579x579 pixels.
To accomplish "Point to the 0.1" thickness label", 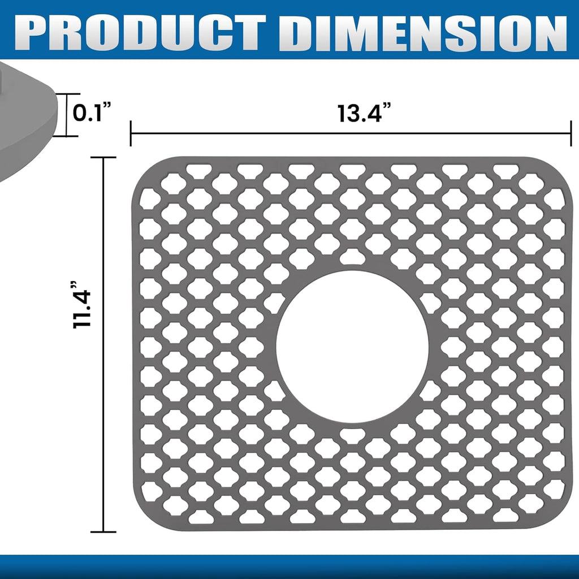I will coord(90,113).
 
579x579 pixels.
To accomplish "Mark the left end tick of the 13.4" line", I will coord(131,133).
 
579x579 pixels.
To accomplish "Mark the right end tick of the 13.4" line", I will coord(571,133).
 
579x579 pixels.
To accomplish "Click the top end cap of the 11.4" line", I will coord(103,158).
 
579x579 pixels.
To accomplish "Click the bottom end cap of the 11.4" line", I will coord(103,532).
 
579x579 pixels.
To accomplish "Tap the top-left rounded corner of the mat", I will coord(141,167).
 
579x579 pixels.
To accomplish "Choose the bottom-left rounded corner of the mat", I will coord(141,519).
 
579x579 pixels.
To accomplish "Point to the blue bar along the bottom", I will coord(289,567).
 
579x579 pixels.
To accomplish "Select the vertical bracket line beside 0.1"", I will coord(67,115).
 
